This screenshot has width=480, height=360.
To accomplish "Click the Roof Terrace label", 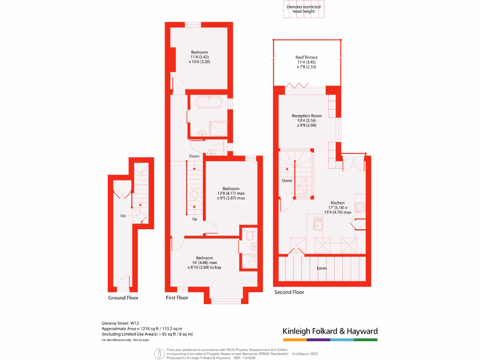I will [307, 58].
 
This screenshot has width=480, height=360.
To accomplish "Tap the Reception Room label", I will [307, 116].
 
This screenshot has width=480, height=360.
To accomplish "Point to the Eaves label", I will [322, 268].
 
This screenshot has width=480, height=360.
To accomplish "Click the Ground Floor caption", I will [123, 298].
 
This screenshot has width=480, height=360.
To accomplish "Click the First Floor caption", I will [177, 298].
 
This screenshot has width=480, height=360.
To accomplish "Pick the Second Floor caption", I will [289, 292].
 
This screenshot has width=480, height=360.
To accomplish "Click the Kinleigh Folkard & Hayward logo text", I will [330, 331].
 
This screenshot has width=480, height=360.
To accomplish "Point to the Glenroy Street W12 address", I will [120, 323].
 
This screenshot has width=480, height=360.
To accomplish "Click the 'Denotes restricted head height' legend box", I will [303, 10].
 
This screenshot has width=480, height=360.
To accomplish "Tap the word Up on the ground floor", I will [123, 216].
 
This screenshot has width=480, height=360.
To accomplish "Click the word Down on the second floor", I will [287, 180].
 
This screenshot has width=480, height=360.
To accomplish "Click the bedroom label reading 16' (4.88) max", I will [205, 258].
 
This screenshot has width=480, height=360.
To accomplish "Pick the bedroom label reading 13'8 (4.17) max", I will [231, 189].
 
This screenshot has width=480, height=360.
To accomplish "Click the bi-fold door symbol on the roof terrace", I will [297, 86].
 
